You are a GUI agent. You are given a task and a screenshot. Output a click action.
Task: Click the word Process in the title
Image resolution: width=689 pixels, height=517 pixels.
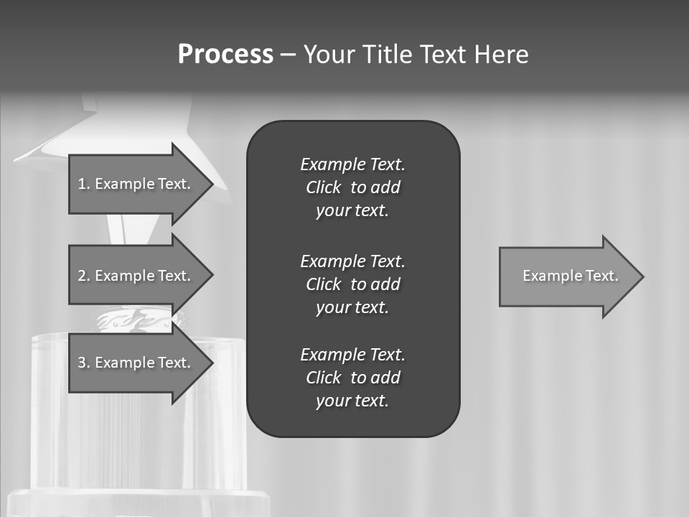point(225,55)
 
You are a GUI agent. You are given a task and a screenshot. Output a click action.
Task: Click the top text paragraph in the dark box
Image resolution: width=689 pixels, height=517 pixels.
point(352,187)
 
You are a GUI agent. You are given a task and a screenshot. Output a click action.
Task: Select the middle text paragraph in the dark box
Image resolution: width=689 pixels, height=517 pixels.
point(352,284)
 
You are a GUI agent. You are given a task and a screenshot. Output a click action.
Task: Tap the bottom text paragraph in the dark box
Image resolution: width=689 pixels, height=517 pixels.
point(352,378)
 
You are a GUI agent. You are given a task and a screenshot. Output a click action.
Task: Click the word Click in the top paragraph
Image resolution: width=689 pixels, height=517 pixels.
point(323,187)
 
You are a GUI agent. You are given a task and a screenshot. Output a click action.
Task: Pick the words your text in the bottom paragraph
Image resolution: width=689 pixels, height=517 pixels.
point(352,401)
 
